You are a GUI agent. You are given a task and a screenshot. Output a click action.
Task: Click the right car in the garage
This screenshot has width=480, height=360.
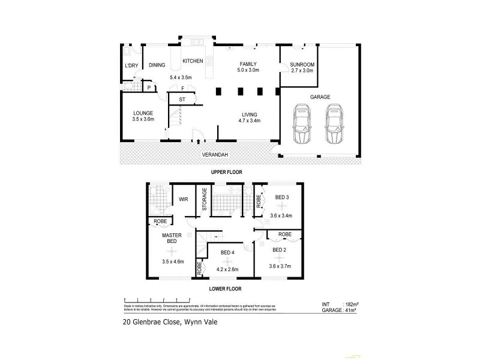tap(334, 124)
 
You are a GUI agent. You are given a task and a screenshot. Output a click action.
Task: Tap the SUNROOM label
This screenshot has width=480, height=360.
tap(302, 64)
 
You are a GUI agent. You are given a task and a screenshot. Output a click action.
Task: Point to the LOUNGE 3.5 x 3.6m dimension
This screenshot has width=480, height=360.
tap(143, 119)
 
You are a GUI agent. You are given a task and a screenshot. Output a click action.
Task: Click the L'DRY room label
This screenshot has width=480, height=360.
tap(131, 65)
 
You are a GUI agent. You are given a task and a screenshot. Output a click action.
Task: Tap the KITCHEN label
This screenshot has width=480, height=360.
tap(193, 61)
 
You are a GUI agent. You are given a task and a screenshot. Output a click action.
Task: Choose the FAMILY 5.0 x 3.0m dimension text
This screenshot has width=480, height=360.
tap(248, 70)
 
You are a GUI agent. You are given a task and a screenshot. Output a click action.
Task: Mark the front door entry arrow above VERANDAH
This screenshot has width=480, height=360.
tap(198, 142)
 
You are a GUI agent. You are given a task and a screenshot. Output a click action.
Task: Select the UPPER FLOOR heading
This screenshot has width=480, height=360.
tap(226, 172)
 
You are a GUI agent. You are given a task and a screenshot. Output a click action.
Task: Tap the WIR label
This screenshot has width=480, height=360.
tap(184, 200)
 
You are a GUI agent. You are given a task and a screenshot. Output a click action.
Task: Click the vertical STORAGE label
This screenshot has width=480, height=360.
tap(205, 199)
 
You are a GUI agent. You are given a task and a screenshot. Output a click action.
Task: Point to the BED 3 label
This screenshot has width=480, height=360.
tap(282, 197)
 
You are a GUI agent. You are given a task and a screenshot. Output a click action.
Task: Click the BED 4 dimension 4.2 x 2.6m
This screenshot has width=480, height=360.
tap(227, 269)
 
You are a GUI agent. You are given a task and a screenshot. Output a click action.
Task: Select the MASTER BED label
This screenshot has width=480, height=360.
tap(171, 239)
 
